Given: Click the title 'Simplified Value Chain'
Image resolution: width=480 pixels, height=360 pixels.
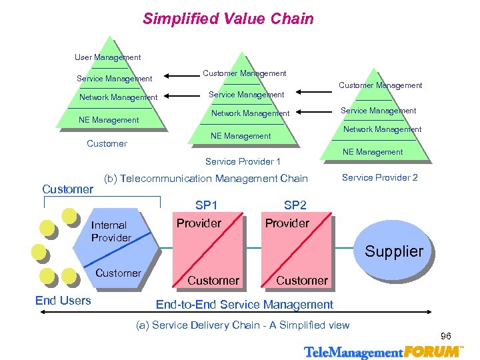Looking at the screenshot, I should pos(228,19).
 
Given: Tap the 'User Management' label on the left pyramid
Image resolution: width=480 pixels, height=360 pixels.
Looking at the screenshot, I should pos(107,58).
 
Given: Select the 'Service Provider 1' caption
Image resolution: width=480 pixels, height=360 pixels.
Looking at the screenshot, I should pos(243,161).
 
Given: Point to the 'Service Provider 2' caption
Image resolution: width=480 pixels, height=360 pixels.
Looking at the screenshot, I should pos(380,177).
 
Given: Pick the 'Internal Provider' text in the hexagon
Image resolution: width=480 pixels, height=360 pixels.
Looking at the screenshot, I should pos(111,231).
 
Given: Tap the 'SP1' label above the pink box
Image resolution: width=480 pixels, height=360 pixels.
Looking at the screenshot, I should pos(206,205).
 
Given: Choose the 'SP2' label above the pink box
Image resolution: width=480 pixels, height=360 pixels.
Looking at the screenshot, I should pos(295,205).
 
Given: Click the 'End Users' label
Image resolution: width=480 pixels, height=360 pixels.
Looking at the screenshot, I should pos(63,301).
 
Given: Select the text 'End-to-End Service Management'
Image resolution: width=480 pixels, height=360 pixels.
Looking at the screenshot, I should pos(244,305).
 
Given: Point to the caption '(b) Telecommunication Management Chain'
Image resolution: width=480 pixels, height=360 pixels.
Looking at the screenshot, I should pos(206,179).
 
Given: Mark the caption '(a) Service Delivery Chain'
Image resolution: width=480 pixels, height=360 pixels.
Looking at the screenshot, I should pos(243,325).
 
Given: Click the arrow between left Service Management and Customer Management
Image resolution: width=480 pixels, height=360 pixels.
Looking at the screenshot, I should pos(179,75).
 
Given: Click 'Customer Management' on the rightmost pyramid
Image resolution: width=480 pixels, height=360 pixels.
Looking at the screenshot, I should pos(380,85).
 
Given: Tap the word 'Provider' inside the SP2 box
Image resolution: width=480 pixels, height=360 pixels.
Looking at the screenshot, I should pos(287,223).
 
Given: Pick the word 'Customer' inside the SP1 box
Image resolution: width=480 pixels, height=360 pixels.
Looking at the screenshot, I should pos(213,281).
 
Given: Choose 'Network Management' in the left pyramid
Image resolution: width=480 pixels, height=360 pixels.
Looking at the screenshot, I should pos(118,97).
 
